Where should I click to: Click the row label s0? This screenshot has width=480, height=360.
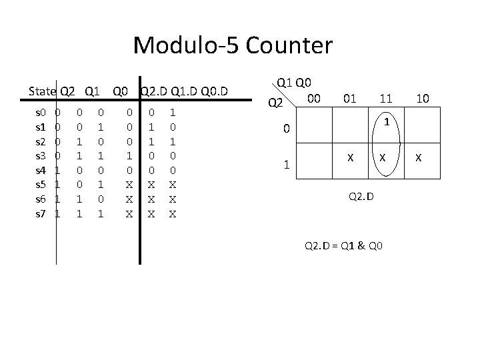tap(40, 114)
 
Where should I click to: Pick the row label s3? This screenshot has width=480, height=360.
tap(40, 155)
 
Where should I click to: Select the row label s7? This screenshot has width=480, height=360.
tap(40, 213)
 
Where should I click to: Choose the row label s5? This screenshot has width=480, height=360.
tap(40, 184)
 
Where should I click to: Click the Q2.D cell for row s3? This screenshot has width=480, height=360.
tap(130, 155)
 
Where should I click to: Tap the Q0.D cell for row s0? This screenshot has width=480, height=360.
tap(173, 114)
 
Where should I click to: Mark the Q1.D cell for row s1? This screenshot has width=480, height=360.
tap(152, 126)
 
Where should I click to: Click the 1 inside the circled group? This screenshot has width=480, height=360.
tap(386, 121)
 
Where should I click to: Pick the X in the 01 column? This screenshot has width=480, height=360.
tap(349, 159)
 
